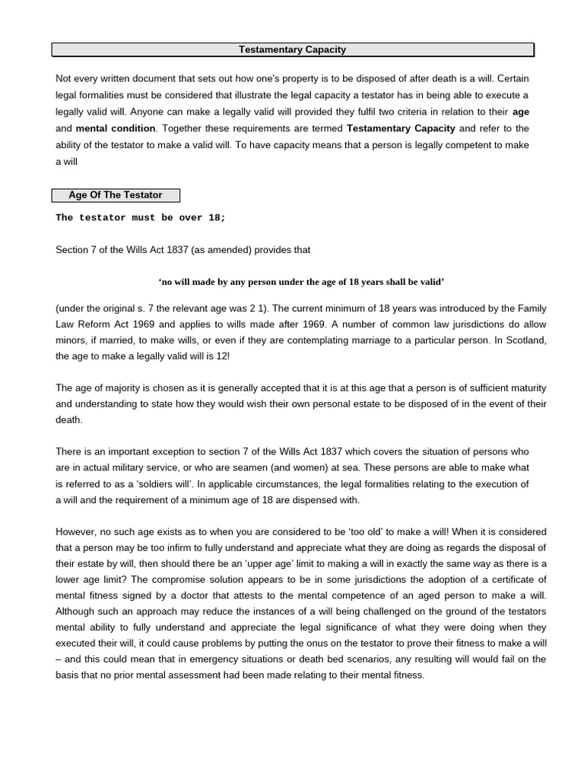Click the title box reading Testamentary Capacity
coord(292,50)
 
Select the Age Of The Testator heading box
coord(116,195)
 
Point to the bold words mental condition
coord(116,128)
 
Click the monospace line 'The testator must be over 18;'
coord(141,218)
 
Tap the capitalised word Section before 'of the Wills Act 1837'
coord(74,250)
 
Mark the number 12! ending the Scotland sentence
coord(226,356)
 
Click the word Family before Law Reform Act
coord(530,308)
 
